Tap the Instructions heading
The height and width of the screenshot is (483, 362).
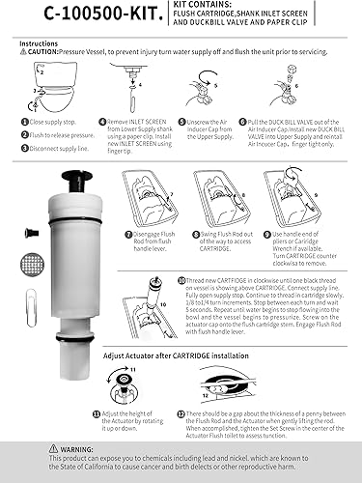38,43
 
